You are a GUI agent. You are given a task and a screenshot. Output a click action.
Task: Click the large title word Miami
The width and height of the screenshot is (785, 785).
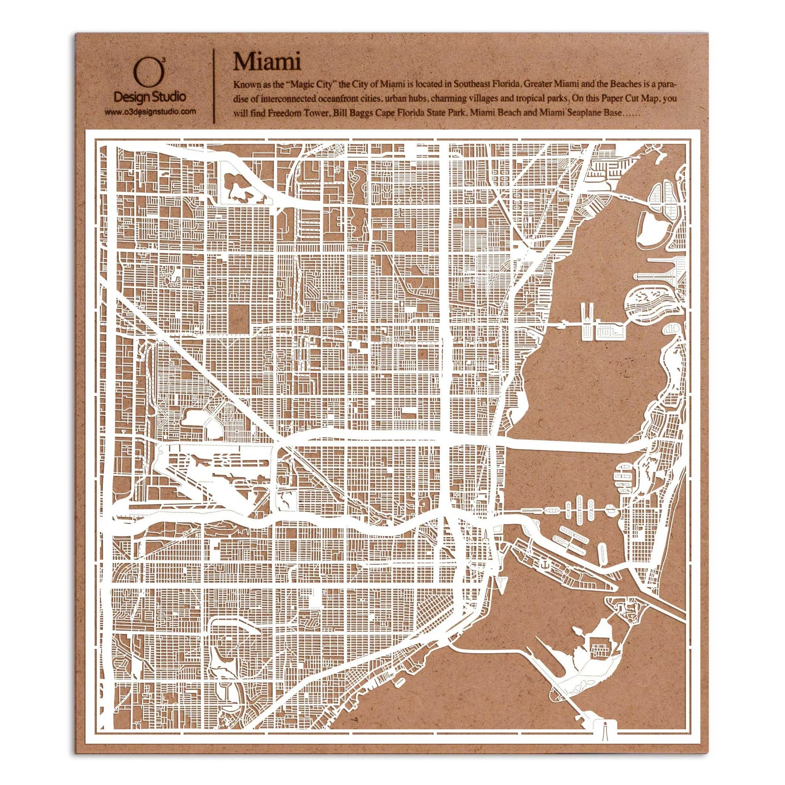pyautogui.click(x=267, y=62)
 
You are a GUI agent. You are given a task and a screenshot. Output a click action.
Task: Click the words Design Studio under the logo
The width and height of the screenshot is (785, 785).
pyautogui.click(x=150, y=97)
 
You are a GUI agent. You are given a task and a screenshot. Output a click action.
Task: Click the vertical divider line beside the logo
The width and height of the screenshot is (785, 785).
pyautogui.click(x=214, y=86)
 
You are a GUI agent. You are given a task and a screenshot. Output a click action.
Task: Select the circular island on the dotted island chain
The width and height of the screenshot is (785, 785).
pyautogui.click(x=610, y=509)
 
